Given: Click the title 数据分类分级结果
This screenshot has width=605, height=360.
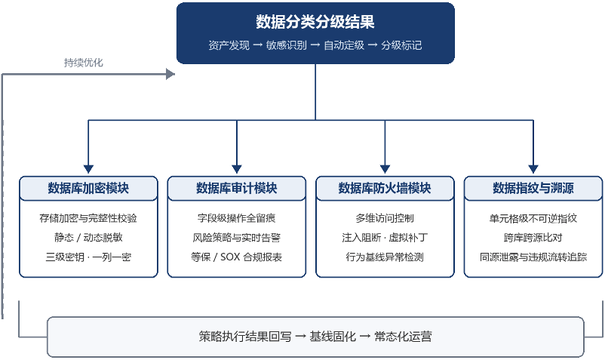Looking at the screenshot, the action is click(315, 22).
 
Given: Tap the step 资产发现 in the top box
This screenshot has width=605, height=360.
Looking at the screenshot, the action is click(229, 45).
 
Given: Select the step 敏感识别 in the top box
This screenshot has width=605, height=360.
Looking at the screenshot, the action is click(287, 45).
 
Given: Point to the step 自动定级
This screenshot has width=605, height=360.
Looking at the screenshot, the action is click(344, 45).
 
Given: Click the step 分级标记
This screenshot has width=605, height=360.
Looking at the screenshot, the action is click(401, 45).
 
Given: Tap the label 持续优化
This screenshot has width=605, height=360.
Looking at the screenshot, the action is click(83, 63).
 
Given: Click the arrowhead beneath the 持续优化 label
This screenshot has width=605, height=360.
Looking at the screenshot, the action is click(170, 74).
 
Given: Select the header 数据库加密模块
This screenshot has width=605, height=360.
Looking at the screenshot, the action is click(88, 188).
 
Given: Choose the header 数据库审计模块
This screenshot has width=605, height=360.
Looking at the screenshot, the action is click(237, 188).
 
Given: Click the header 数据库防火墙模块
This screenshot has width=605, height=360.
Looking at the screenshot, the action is click(385, 188).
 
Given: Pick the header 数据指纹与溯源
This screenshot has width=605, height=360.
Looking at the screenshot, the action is click(533, 188).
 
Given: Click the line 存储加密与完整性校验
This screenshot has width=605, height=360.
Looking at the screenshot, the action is click(88, 218).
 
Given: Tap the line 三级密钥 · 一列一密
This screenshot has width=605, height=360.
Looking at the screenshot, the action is click(88, 257).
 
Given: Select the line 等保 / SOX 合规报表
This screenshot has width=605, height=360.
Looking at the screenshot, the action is click(237, 257).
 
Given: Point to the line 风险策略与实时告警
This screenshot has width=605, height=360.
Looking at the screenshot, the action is click(237, 238).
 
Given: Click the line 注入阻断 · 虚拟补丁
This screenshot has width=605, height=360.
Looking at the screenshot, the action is click(385, 238).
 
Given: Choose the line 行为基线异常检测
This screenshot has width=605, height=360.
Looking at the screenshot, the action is click(385, 257).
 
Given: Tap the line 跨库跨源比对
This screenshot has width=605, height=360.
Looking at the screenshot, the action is click(533, 238).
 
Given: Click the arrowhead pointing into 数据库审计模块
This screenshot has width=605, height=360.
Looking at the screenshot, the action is click(237, 169).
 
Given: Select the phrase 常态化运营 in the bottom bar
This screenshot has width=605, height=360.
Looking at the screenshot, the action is click(403, 337).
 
